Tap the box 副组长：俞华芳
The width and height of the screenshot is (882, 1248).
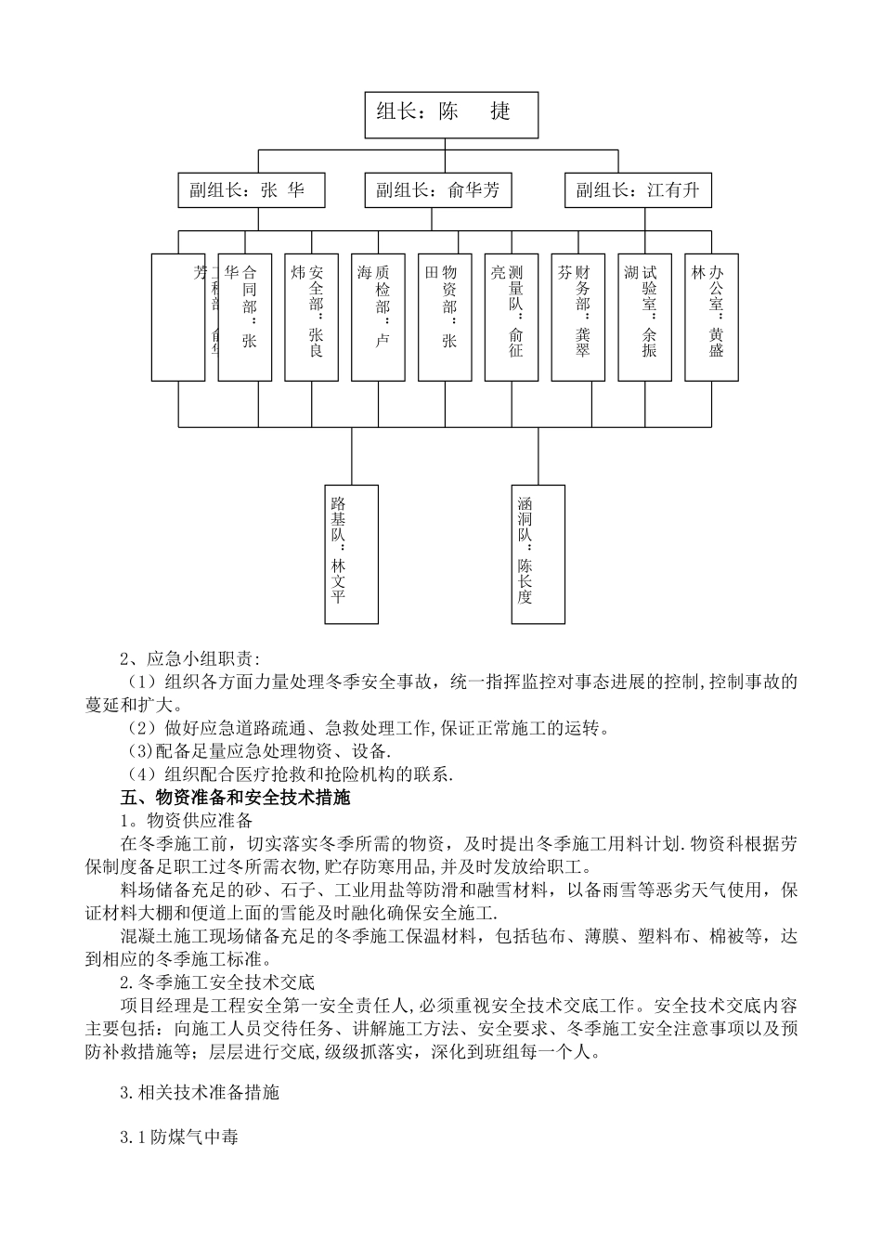point(438,190)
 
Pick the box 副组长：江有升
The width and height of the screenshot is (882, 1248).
point(638,190)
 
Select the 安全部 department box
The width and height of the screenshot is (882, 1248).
point(312,316)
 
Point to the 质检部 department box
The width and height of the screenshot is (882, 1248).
point(379,316)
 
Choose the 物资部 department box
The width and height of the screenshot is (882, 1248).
point(445,316)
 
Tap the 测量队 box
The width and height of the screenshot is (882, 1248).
point(512,316)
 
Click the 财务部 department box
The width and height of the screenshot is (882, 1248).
point(578,316)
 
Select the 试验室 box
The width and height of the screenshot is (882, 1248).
point(645,316)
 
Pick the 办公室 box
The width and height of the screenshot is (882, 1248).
point(712,316)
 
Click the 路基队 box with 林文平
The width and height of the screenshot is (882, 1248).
point(352,553)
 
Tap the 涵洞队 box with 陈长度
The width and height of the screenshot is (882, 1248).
point(538,553)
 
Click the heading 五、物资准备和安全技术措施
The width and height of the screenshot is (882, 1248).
point(235,798)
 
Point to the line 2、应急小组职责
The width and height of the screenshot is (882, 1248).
point(191,659)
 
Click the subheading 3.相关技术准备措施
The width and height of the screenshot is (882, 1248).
point(199,1092)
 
